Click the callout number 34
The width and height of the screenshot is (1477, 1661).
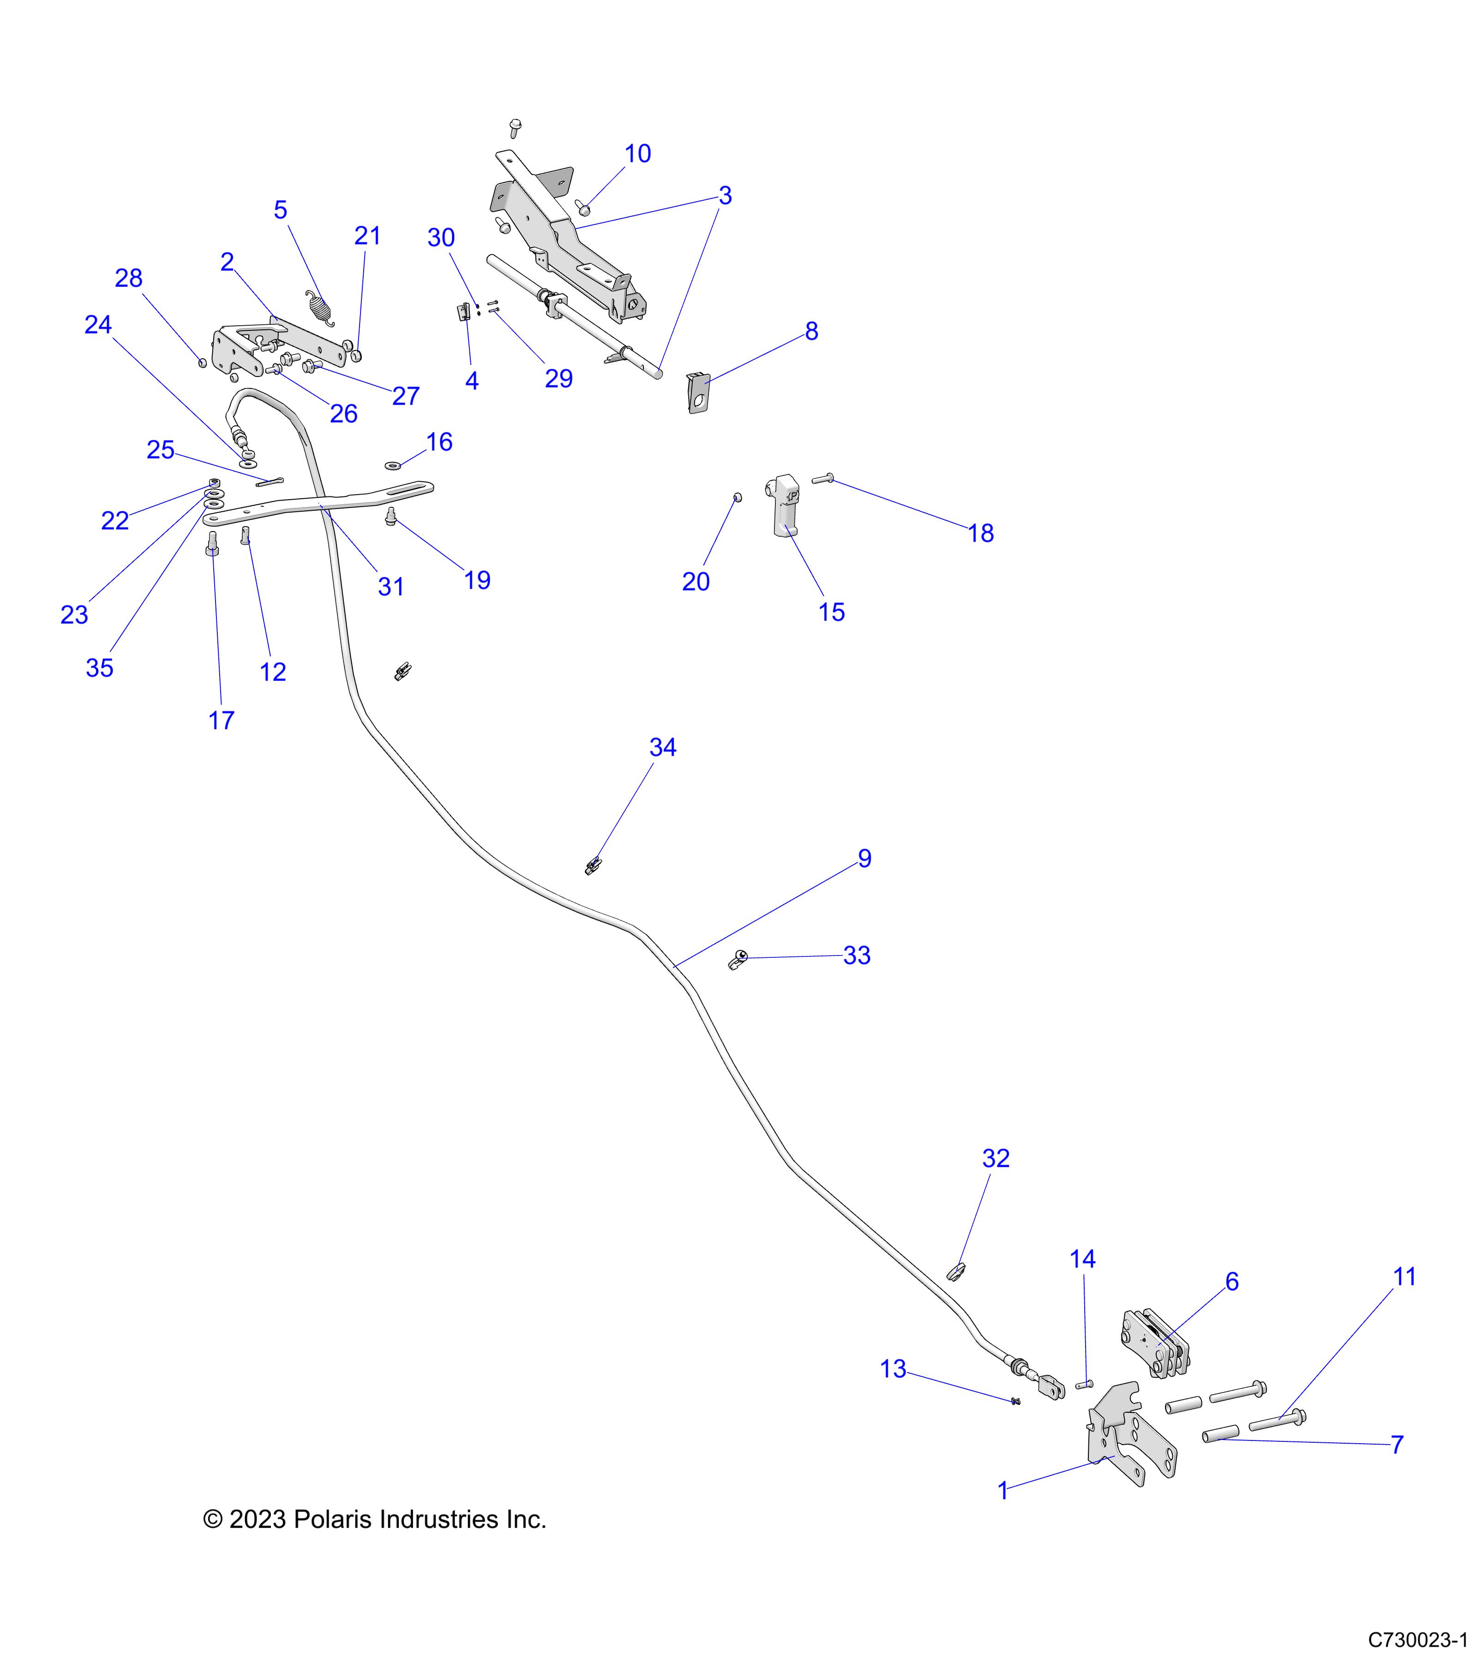(x=662, y=747)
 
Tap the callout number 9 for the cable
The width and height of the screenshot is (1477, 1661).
(x=864, y=859)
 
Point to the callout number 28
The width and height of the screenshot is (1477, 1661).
(x=128, y=279)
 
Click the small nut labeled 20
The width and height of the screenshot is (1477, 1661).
(x=737, y=496)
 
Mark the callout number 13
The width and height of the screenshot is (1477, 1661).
(x=893, y=1369)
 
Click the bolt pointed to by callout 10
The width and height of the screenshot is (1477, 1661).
(x=583, y=208)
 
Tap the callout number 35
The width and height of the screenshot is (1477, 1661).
(x=99, y=668)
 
